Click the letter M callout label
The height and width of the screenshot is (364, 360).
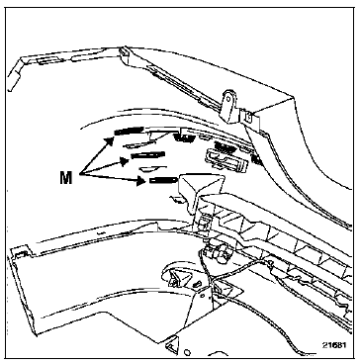(x=66, y=178)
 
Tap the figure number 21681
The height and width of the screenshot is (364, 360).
(x=334, y=345)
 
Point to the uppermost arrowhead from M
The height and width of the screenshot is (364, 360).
(x=110, y=140)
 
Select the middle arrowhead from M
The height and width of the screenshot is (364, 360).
(x=125, y=161)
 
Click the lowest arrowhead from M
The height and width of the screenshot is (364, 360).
(x=141, y=181)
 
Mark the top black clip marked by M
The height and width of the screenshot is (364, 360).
(x=130, y=131)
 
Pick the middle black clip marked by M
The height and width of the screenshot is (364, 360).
(x=147, y=155)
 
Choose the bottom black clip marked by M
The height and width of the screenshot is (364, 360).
(x=163, y=180)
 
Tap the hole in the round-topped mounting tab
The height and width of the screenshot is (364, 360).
(x=228, y=99)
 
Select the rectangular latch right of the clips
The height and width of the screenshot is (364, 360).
(x=227, y=160)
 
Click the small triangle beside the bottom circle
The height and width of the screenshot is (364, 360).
(x=171, y=345)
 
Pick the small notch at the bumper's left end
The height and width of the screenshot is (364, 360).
(x=21, y=252)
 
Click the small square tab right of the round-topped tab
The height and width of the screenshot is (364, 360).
(x=248, y=116)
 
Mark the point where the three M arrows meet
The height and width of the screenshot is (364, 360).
(x=80, y=175)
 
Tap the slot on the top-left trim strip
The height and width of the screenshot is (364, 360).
(x=47, y=61)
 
